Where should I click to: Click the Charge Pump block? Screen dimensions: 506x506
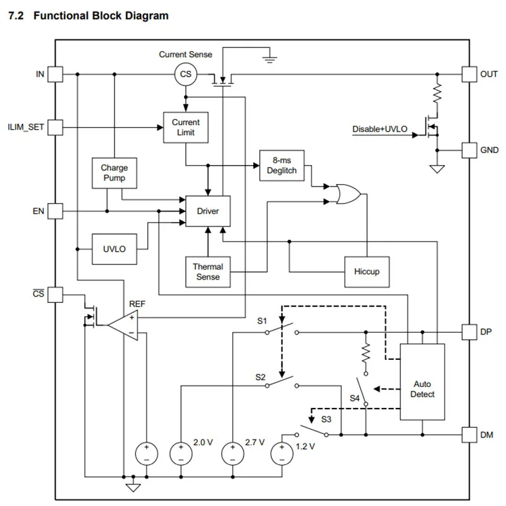pos(114,173)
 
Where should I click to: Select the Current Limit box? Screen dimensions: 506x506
pos(186,127)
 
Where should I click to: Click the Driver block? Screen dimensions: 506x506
pos(207,211)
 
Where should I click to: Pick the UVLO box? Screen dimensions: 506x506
pos(114,249)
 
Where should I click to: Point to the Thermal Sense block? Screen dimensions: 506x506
pos(207,272)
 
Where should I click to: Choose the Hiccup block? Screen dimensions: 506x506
pos(367,272)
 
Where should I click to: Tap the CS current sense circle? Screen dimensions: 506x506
pos(186,75)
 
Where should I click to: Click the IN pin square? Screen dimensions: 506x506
pos(56,75)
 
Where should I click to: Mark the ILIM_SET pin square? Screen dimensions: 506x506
pos(56,127)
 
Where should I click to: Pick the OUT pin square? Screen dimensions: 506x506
pos(469,75)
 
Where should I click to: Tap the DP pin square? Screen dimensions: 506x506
pos(469,331)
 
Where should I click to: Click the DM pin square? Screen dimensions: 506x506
pos(469,435)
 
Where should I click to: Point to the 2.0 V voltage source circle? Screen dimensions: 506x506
pos(181,452)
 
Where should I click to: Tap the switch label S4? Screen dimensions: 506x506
pos(355,398)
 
